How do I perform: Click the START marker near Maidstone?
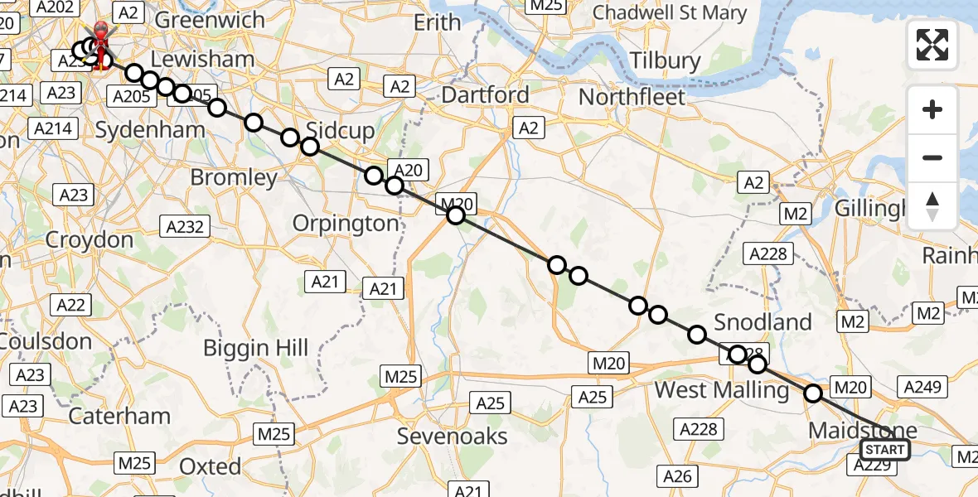pyautogui.click(x=884, y=450)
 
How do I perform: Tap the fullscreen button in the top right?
pyautogui.click(x=932, y=45)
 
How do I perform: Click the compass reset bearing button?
pyautogui.click(x=932, y=206)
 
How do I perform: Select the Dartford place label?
pyautogui.click(x=485, y=95)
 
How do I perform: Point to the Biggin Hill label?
pyautogui.click(x=256, y=348)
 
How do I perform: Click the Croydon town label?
pyautogui.click(x=90, y=240)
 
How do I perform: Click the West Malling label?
pyautogui.click(x=722, y=389)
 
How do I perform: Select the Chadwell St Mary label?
pyautogui.click(x=670, y=13)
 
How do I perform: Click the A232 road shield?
pyautogui.click(x=186, y=226)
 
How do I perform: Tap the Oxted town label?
pyautogui.click(x=211, y=466)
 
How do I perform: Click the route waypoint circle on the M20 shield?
pyautogui.click(x=455, y=215)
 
